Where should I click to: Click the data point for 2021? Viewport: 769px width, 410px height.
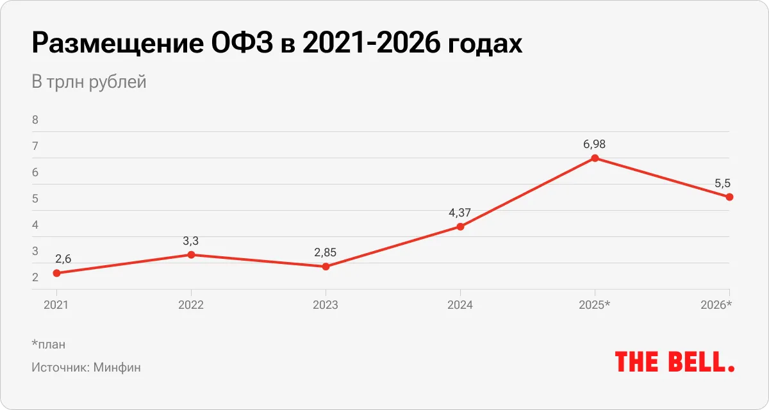point(56,273)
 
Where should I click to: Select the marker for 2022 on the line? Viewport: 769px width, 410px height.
point(191,255)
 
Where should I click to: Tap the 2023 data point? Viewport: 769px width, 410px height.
point(326,266)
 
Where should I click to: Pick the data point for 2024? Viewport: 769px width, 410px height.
point(460,226)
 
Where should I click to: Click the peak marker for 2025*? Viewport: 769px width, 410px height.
point(595,158)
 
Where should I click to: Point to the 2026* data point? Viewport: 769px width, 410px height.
point(729,197)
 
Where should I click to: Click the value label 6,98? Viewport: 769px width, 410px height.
point(594,144)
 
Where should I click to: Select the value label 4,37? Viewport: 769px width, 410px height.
point(460,213)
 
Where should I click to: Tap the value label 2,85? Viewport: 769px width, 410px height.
point(326,252)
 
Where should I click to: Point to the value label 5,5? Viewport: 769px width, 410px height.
point(722,183)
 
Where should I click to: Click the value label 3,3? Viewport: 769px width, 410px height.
point(191,241)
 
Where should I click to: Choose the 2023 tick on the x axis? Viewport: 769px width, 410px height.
point(326,305)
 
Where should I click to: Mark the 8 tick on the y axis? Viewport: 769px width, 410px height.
point(35,120)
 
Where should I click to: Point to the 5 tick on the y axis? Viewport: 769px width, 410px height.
point(35,199)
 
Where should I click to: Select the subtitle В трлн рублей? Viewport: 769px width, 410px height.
point(89,82)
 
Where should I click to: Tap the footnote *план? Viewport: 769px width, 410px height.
point(48,345)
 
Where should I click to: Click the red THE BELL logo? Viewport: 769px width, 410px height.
point(674,361)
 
